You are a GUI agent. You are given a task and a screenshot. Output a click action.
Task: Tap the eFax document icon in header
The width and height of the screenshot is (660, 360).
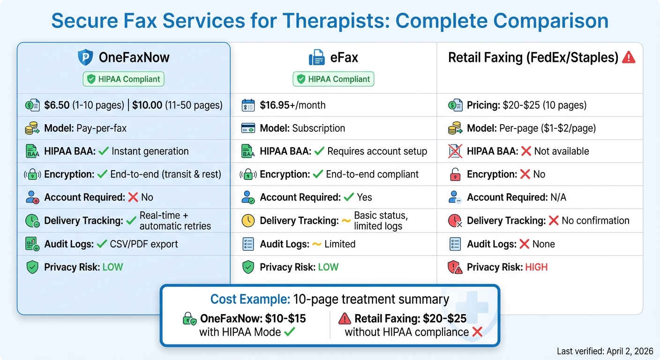317,58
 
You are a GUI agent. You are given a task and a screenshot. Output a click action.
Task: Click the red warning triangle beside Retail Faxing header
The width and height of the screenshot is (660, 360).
628,58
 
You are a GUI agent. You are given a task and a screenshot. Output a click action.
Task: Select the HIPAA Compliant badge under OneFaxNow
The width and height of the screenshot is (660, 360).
124,79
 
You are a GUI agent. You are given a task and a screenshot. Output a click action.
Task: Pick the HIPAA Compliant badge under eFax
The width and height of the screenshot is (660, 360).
333,79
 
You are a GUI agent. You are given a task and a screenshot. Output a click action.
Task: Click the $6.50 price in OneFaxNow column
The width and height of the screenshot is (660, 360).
57,105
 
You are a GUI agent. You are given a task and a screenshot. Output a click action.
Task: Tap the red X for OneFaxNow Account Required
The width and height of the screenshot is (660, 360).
133,197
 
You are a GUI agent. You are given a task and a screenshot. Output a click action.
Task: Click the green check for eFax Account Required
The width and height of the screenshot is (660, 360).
349,197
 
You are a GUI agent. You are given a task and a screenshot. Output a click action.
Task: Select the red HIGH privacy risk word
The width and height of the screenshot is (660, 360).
536,267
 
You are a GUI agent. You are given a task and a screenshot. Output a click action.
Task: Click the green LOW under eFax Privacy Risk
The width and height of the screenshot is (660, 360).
328,267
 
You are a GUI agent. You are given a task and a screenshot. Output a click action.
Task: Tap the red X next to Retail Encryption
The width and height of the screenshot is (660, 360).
525,174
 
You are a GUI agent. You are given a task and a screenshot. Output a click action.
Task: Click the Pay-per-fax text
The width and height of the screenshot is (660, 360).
101,128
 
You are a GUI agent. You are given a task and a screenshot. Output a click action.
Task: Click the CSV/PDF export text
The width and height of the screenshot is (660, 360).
144,244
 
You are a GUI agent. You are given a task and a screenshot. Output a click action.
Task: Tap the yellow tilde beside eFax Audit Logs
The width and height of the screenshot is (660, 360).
316,244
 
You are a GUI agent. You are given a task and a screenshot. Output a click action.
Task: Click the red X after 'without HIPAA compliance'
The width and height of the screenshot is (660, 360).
477,332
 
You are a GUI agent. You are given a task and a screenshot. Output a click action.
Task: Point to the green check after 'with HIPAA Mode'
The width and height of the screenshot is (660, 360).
289,332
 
